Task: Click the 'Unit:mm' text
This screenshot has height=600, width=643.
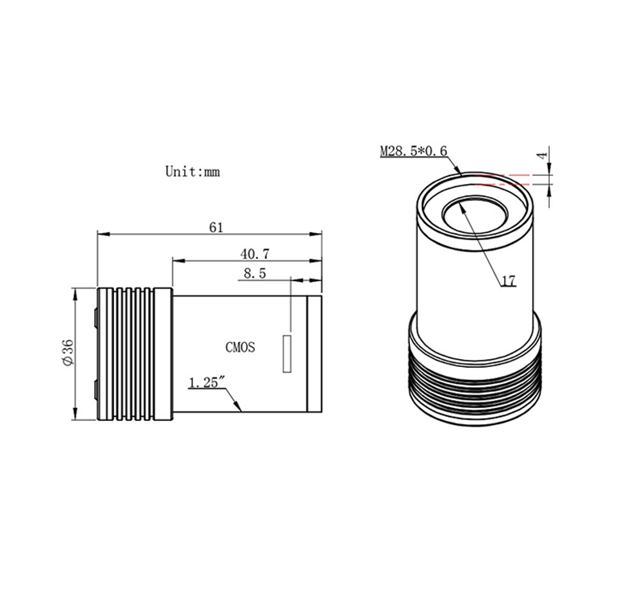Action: click(x=192, y=171)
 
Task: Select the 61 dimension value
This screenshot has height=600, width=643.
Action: click(x=216, y=227)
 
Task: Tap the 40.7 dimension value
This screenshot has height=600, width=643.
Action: click(x=255, y=254)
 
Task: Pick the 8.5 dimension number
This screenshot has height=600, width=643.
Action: click(x=255, y=273)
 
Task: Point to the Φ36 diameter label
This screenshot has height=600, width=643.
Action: click(x=68, y=352)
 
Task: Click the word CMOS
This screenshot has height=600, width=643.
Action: click(x=240, y=348)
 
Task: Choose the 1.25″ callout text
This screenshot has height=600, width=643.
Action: click(x=207, y=382)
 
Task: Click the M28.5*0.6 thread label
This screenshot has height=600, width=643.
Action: click(x=413, y=151)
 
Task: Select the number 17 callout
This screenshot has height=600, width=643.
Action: click(x=509, y=281)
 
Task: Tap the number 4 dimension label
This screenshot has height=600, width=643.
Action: click(x=542, y=156)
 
